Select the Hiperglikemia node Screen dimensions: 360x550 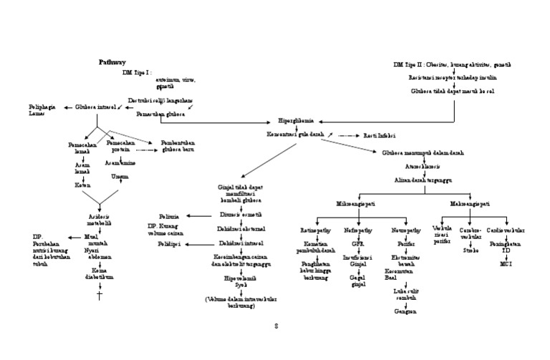(x=294, y=121)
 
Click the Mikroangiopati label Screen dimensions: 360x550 (x=356, y=204)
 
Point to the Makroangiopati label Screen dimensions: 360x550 (x=470, y=204)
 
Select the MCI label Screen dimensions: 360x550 (x=506, y=265)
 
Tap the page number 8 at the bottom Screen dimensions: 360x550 (x=275, y=326)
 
